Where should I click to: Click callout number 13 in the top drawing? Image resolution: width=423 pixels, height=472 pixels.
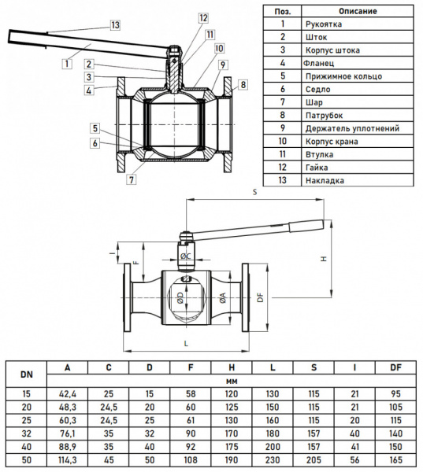coord(115,25)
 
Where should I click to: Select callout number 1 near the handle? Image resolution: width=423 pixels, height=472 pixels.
coord(68,62)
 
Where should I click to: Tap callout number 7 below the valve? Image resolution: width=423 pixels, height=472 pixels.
coord(131,179)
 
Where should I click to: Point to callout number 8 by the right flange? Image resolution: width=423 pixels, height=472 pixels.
coord(243,84)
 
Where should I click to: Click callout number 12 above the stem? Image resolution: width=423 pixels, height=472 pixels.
coord(203,17)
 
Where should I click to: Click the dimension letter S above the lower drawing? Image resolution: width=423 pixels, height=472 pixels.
coord(254,191)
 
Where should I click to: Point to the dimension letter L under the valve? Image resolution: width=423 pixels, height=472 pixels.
coord(184,344)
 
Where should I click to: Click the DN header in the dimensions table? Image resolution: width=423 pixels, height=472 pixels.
coord(26,374)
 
